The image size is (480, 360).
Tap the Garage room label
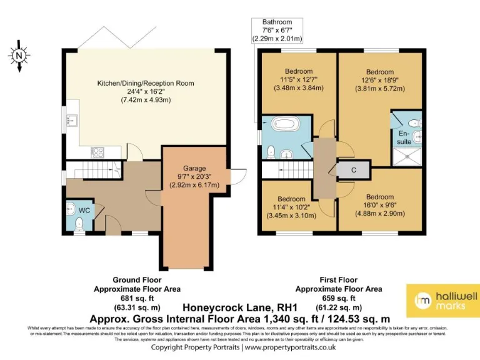tap(194, 168)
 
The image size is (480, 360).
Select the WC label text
tap(84, 210)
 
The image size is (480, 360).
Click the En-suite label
tap(404, 137)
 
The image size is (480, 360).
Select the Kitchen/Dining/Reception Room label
tap(145, 83)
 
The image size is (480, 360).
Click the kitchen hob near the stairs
tap(97, 150)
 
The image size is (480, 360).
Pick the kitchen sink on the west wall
tap(72, 120)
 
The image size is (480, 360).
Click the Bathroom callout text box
tap(277, 30)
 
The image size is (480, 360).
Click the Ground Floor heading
tap(137, 281)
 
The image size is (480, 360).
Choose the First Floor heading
tap(338, 281)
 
